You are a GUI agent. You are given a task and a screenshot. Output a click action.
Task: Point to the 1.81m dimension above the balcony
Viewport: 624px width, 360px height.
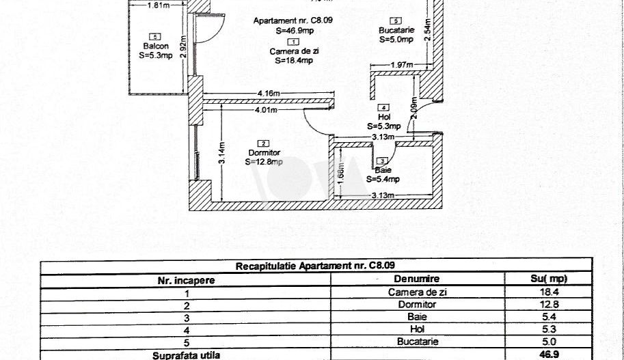click(158, 6)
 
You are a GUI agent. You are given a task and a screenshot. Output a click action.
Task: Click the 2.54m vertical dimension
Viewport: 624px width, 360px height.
click(426, 31)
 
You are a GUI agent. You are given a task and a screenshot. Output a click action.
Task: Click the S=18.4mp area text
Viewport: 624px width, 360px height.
click(294, 60)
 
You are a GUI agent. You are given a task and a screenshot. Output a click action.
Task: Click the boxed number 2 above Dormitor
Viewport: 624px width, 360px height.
click(263, 143)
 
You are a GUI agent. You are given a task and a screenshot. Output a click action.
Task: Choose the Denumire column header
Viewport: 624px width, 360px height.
click(417, 279)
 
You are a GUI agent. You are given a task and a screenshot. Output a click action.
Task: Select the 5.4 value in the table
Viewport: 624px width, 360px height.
click(547, 317)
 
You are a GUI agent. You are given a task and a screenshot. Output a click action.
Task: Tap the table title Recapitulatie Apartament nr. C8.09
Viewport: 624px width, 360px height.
click(315, 266)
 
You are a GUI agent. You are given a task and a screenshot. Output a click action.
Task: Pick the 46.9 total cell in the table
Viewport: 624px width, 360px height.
click(547, 355)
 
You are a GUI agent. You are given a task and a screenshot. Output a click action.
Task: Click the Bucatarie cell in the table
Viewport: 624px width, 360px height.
click(417, 342)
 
